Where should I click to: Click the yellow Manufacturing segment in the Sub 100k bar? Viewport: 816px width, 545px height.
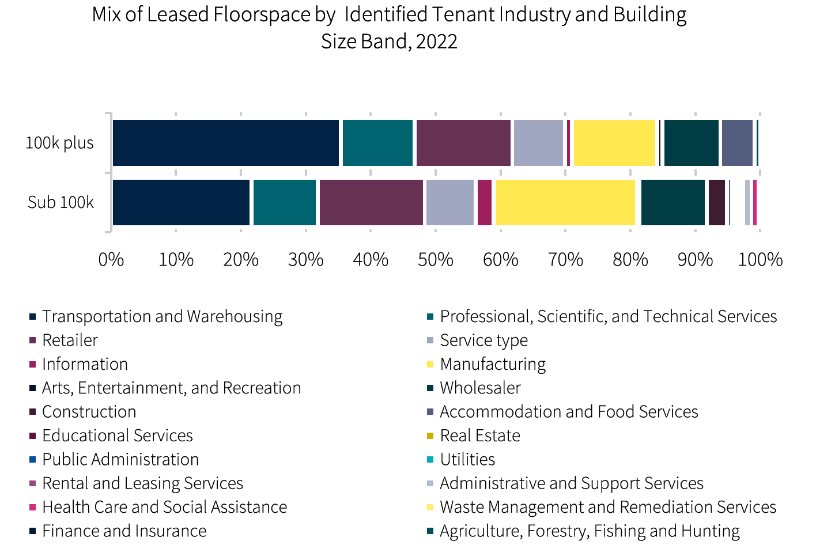(x=565, y=202)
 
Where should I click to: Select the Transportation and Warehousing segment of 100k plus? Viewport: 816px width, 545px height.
(x=226, y=143)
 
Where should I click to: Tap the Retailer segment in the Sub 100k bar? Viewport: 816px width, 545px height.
(x=371, y=202)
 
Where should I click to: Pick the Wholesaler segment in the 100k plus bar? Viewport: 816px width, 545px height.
(x=691, y=143)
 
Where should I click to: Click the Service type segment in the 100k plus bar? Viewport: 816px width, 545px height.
(x=538, y=143)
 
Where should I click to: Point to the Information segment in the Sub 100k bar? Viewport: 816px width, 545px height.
(x=485, y=202)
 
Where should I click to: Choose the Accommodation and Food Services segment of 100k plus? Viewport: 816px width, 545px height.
(x=737, y=143)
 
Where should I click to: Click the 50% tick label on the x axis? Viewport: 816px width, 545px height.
(x=436, y=260)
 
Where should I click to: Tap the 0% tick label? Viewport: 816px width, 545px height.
(x=111, y=260)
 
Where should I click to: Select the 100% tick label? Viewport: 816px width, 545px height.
(x=760, y=260)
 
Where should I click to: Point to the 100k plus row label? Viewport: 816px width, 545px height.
(x=59, y=143)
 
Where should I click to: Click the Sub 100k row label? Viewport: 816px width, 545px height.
(x=61, y=202)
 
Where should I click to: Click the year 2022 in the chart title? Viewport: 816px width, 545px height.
(x=436, y=41)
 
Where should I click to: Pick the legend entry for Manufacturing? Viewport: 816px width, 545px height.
(x=493, y=364)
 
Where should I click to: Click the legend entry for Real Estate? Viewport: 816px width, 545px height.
(x=479, y=436)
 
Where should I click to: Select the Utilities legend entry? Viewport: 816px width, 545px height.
(x=467, y=459)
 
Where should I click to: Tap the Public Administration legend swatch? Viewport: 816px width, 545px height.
(x=33, y=460)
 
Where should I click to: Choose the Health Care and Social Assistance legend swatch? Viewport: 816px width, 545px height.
(x=33, y=508)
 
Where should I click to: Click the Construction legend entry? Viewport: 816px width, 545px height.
(x=89, y=412)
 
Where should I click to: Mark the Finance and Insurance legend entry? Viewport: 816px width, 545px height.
(x=124, y=531)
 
